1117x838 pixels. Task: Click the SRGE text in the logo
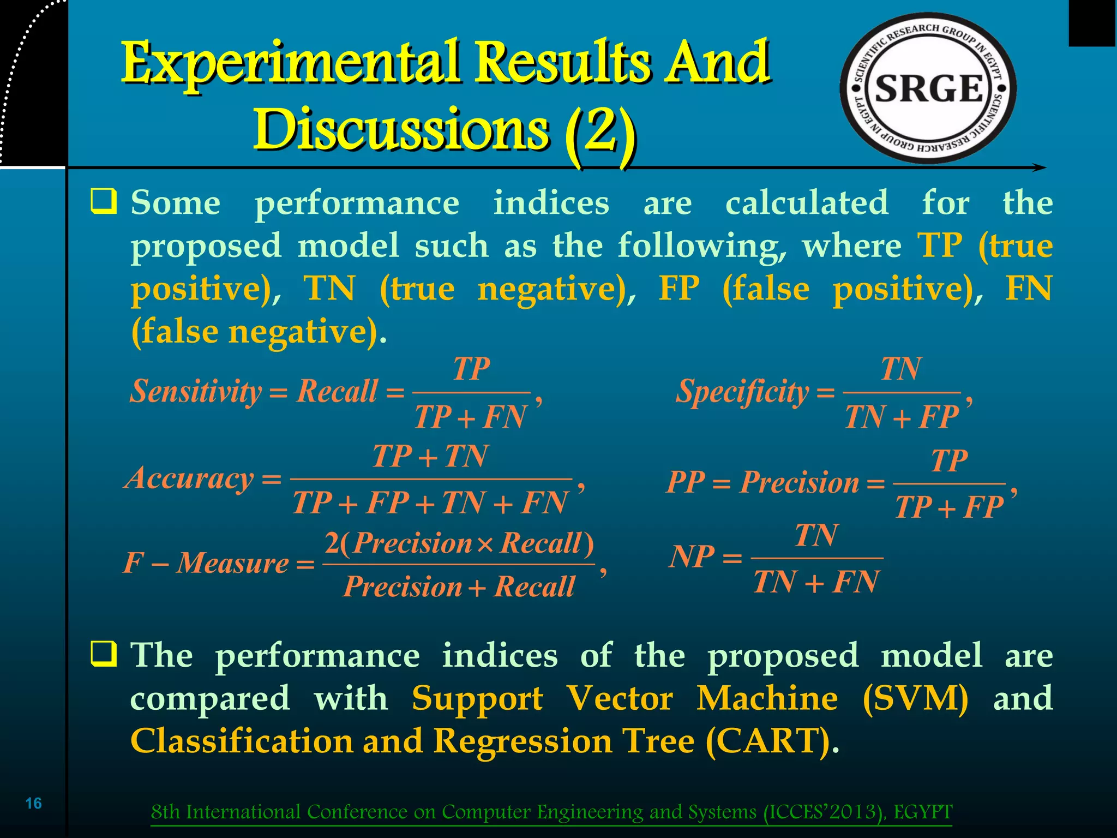pyautogui.click(x=929, y=88)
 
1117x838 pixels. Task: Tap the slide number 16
pyautogui.click(x=34, y=803)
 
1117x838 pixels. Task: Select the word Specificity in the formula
pyautogui.click(x=742, y=392)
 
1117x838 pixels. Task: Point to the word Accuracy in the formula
pyautogui.click(x=190, y=478)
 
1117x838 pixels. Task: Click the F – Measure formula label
pyautogui.click(x=206, y=562)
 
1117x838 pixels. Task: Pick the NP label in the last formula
pyautogui.click(x=692, y=558)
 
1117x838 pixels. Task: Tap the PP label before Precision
pyautogui.click(x=686, y=482)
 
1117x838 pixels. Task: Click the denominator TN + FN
pyautogui.click(x=816, y=582)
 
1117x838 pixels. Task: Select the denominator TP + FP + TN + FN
pyautogui.click(x=430, y=503)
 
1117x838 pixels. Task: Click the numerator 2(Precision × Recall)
pyautogui.click(x=459, y=543)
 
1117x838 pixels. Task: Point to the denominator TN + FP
pyautogui.click(x=902, y=417)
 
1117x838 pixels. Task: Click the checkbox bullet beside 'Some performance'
pyautogui.click(x=104, y=202)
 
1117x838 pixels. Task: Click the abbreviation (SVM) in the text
pyautogui.click(x=916, y=698)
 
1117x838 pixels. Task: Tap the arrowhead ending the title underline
pyautogui.click(x=1041, y=167)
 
